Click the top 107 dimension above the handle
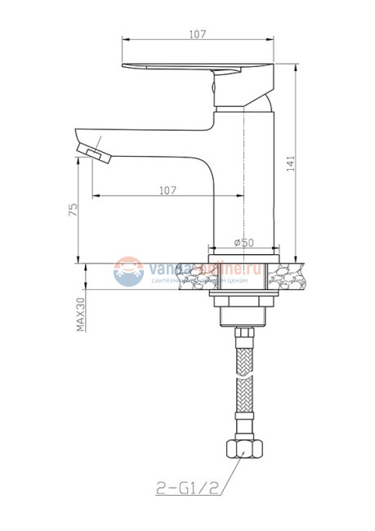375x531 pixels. click(x=196, y=33)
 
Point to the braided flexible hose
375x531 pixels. click(x=243, y=384)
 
